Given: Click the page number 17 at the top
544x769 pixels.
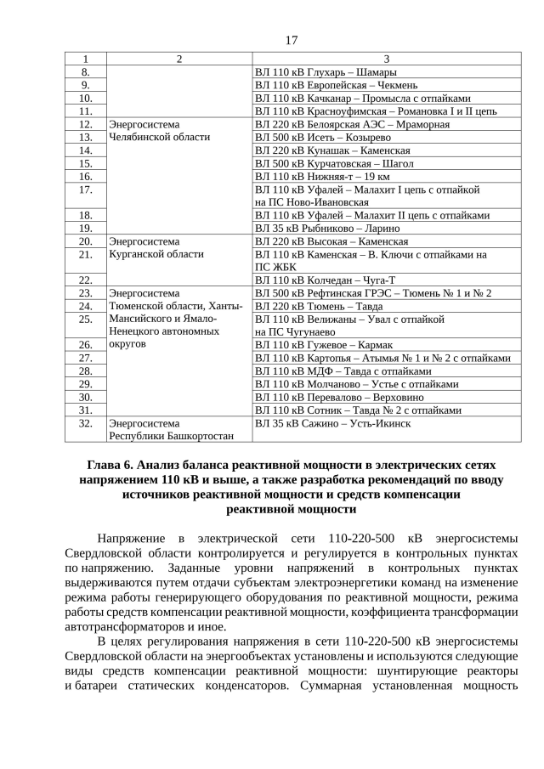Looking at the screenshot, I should point(292,41).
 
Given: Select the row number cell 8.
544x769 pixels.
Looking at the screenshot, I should point(85,72).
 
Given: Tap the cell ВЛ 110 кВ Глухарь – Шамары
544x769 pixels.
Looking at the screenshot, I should point(326,72).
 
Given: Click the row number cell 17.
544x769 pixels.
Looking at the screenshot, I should point(85,189).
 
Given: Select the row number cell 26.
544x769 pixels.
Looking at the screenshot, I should point(85,345).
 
